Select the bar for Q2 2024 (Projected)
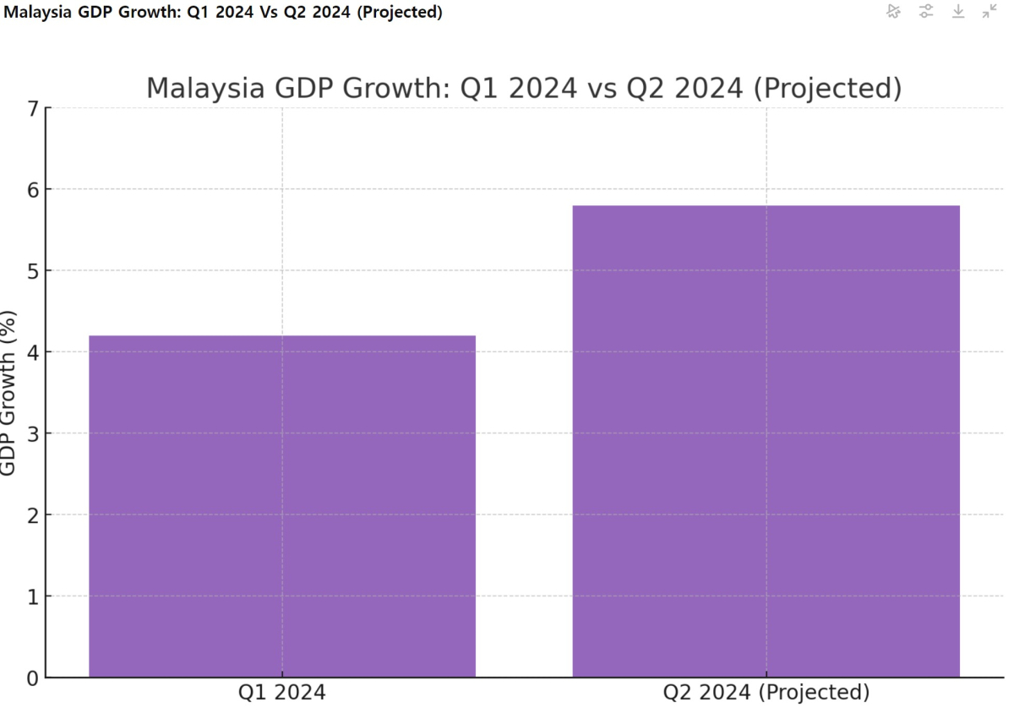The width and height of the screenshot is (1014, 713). [x=766, y=440]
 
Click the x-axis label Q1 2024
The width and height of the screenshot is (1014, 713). [x=282, y=694]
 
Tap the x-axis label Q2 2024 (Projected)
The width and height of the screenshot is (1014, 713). [x=766, y=694]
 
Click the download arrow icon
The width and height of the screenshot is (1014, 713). [x=958, y=11]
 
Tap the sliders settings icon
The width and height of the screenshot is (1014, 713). [x=926, y=11]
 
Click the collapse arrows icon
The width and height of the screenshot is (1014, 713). [x=989, y=11]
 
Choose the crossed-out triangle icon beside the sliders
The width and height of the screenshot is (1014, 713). [x=894, y=11]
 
